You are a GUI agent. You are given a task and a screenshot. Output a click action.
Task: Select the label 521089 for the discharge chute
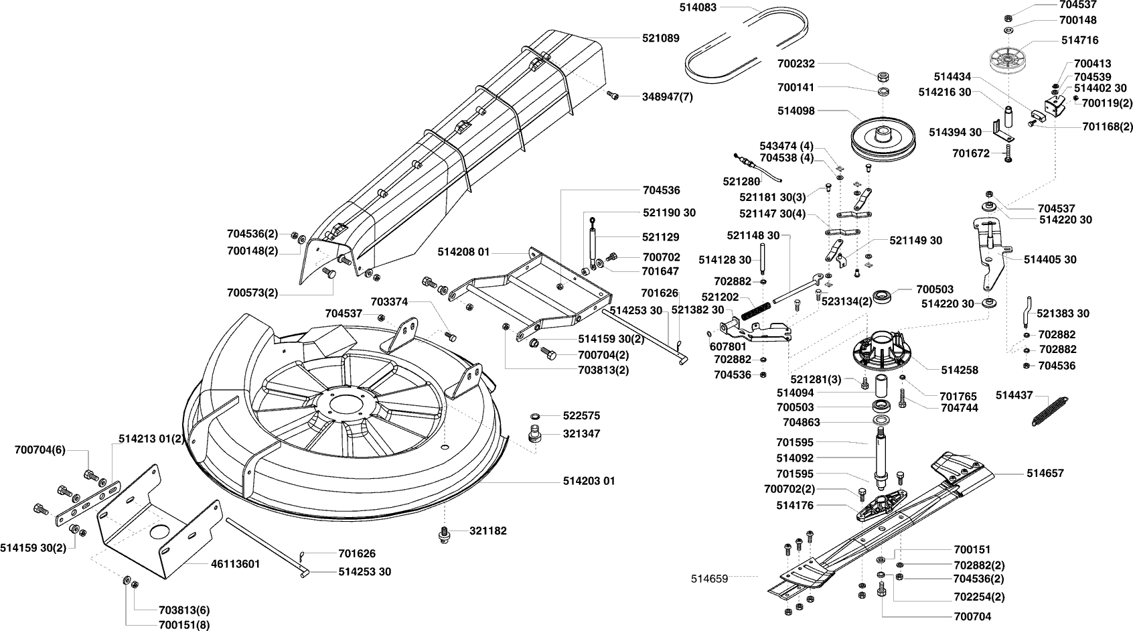(x=660, y=38)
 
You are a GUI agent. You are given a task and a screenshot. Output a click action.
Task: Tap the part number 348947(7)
(x=667, y=96)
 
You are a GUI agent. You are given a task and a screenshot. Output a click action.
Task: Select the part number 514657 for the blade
(x=1045, y=473)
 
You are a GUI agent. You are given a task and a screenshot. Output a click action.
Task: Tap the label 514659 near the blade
(x=709, y=576)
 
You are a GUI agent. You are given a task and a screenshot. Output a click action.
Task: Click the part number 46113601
(x=235, y=564)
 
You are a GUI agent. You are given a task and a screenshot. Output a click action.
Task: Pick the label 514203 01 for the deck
(x=589, y=481)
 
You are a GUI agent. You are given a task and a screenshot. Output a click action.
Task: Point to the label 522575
(x=581, y=416)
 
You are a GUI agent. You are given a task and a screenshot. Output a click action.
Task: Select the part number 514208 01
(x=464, y=253)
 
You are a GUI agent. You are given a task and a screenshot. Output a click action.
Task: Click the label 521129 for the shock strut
(x=660, y=237)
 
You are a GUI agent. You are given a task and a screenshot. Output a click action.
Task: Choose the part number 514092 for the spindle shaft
(x=795, y=459)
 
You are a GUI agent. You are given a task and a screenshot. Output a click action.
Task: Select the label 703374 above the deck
(x=389, y=302)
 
